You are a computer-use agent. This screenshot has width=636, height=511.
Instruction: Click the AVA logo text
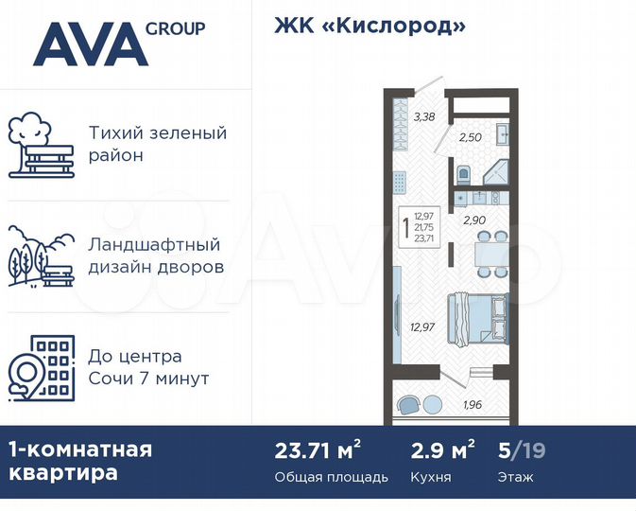pyautogui.click(x=91, y=44)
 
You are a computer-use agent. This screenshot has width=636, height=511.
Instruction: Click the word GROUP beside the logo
pyautogui.click(x=176, y=28)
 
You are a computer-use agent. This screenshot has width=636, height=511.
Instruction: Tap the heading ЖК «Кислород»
pyautogui.click(x=370, y=26)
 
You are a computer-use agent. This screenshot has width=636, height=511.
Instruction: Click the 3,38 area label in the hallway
pyautogui.click(x=425, y=117)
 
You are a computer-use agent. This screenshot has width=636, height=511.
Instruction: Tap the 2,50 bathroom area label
pyautogui.click(x=471, y=137)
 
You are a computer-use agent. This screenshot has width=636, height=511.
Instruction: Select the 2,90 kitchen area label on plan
pyautogui.click(x=474, y=220)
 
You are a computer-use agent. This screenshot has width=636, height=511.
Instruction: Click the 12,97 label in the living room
pyautogui.click(x=423, y=328)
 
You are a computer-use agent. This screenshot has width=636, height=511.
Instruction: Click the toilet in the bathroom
pyautogui.click(x=463, y=176)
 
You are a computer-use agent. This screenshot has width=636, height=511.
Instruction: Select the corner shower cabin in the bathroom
pyautogui.click(x=496, y=176)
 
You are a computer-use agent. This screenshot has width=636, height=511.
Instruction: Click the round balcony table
pyautogui.click(x=431, y=403)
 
